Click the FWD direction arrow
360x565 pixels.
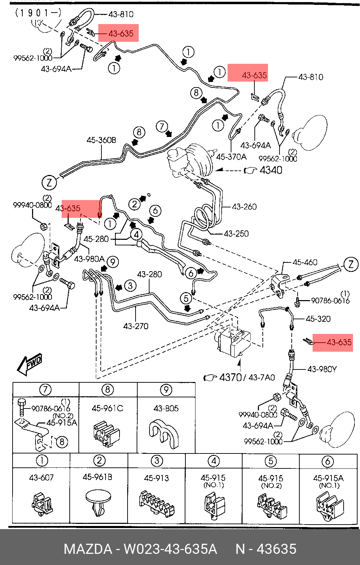(x=30, y=365)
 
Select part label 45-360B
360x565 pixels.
(x=101, y=140)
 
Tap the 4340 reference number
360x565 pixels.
(x=271, y=170)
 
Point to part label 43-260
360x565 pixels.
(x=244, y=207)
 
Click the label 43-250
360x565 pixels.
(x=236, y=234)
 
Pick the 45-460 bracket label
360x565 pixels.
(x=305, y=262)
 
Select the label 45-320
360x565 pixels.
(x=318, y=319)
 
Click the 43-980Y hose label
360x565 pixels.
(x=322, y=369)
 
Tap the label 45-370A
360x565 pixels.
(x=231, y=157)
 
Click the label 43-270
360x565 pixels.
(x=136, y=326)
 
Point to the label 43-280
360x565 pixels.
(x=150, y=274)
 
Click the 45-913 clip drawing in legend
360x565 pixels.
(x=156, y=503)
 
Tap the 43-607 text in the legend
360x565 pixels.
(x=41, y=478)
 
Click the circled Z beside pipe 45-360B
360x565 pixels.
(x=49, y=182)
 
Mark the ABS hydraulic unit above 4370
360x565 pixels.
(x=233, y=341)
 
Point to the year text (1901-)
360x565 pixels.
(x=38, y=13)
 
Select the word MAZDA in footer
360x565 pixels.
(x=88, y=549)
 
